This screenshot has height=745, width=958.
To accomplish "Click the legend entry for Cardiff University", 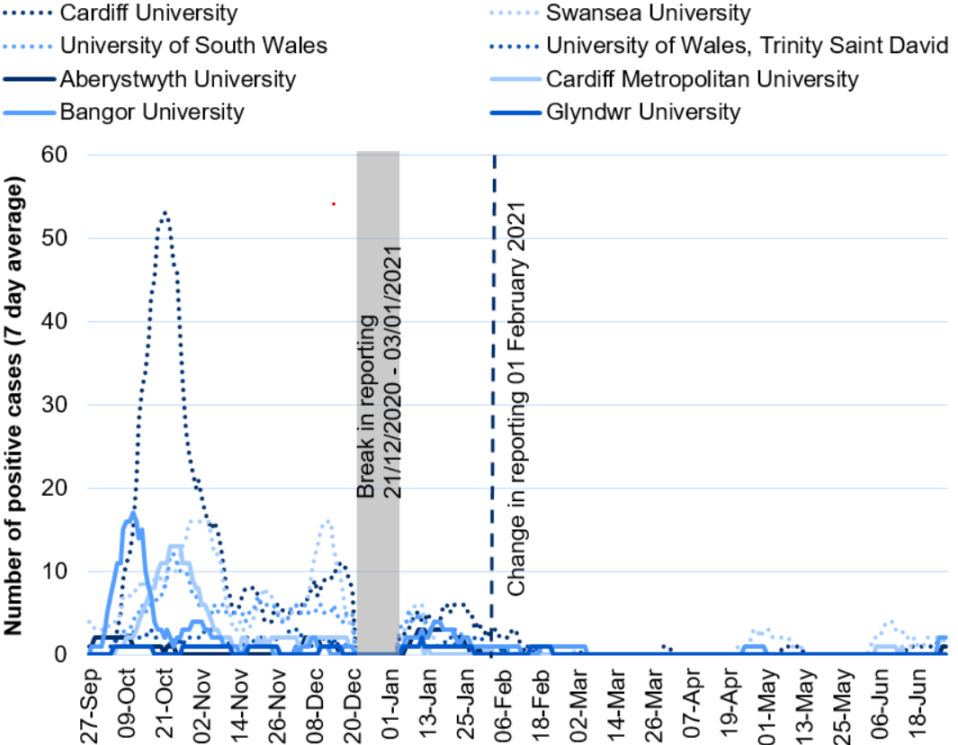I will click(x=148, y=13).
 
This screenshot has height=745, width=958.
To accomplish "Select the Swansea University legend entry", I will click(x=648, y=13).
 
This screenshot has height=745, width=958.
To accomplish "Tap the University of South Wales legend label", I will click(x=193, y=45).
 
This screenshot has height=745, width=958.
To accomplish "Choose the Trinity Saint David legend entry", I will click(x=748, y=45).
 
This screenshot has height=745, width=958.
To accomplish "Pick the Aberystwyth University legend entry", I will click(x=177, y=79).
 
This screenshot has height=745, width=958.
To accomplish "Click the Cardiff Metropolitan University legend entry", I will click(x=703, y=79).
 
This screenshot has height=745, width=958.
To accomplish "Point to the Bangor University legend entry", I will click(x=152, y=112).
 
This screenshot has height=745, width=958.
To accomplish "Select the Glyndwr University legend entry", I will click(x=643, y=112).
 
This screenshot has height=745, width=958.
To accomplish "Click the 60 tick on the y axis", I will click(x=58, y=155).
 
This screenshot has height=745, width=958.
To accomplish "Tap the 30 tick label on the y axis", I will click(x=58, y=405).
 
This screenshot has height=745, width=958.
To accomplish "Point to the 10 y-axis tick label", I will click(x=58, y=571).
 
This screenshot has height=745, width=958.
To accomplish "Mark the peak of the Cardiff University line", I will click(x=165, y=212).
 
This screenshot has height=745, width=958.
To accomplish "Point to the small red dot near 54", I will click(x=334, y=204).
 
